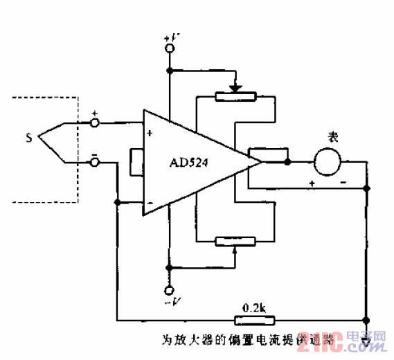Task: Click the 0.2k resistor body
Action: pos(256,320)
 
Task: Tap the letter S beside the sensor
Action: pos(28,138)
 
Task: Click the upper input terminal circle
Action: pos(96,123)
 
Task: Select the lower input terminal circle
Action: pos(96,162)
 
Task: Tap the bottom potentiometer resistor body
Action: pos(235,241)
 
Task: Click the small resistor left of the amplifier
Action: pos(136,161)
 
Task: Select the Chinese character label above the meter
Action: pos(333,138)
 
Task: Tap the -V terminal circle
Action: pos(169,289)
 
